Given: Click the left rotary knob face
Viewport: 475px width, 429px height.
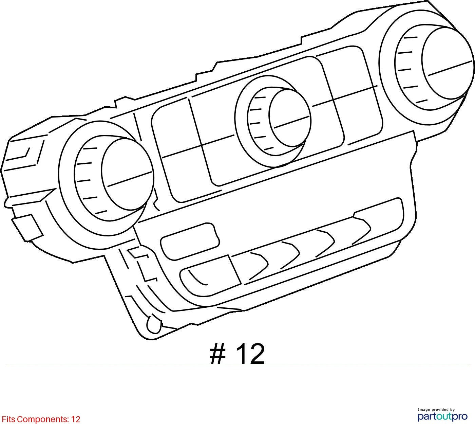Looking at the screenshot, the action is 127,174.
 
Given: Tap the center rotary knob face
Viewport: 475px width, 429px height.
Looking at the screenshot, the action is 290,118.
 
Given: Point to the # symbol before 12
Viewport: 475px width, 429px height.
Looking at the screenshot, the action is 217,354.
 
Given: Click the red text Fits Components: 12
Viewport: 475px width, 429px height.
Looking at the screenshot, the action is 41,419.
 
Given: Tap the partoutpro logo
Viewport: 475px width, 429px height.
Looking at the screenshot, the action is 442,417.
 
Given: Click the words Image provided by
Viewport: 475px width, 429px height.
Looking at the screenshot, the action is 436,410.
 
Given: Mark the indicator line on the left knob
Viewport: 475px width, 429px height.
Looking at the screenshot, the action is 130,178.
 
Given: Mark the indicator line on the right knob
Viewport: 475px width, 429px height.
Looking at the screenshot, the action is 450,68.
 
